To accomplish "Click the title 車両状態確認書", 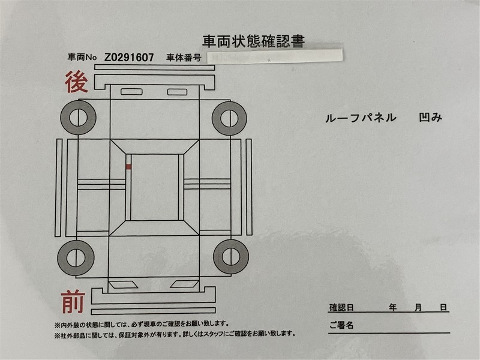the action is [x=253, y=41].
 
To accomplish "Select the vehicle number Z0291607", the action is [x=129, y=57].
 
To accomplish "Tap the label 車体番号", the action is [x=184, y=58].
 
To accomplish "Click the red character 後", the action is [x=77, y=82].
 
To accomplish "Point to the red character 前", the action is [x=73, y=302].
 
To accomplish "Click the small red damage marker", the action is [x=128, y=167].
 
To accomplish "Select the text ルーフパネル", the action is [x=361, y=118].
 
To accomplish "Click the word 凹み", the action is [x=430, y=118].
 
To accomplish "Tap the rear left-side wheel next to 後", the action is [x=79, y=118].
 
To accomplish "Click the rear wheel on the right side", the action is [x=229, y=118].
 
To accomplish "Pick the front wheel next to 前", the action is [x=76, y=258].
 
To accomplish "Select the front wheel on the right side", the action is [x=231, y=257].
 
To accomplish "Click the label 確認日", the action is [x=341, y=307].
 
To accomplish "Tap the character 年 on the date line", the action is [x=393, y=307].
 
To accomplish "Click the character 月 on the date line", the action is [x=418, y=307].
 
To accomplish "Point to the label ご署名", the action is [x=341, y=325].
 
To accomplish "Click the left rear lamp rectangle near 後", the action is [x=131, y=92].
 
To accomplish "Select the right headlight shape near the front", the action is [x=185, y=284].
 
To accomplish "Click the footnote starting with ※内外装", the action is [x=142, y=323].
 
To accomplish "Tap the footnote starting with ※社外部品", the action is [x=175, y=334].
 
